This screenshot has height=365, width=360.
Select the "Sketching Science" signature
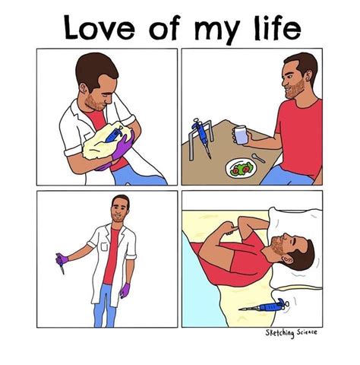click(291, 333)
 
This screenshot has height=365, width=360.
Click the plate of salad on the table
click(242, 167)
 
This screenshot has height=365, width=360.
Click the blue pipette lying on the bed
click(263, 308)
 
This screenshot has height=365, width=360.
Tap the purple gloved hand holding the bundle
click(121, 148)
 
